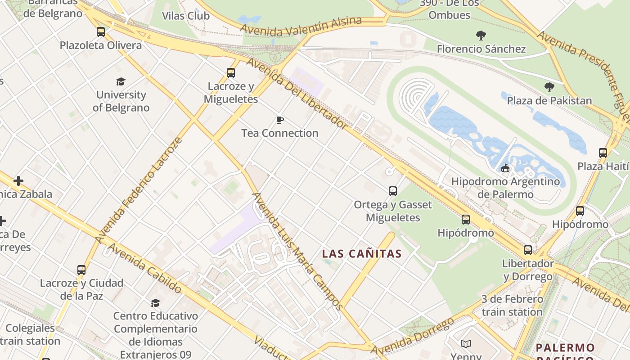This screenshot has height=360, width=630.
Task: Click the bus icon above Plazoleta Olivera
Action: point(101,32)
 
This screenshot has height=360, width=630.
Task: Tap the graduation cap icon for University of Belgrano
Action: point(121,81)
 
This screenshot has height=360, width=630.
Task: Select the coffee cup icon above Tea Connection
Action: point(280,120)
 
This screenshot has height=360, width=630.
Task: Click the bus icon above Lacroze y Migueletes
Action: point(231,72)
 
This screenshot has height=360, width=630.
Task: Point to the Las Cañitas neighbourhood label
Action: point(362,254)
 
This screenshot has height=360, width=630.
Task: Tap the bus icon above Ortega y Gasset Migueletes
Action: point(393,191)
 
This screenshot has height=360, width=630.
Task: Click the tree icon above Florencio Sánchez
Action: point(481,36)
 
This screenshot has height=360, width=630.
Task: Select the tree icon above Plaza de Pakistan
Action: point(549,87)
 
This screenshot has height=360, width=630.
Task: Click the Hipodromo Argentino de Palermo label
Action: point(505,188)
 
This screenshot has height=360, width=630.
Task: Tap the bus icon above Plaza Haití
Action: point(603,153)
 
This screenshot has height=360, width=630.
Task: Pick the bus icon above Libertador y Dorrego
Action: point(528,250)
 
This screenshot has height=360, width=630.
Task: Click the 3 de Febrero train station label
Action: point(512,306)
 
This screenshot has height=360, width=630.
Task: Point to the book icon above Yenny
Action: point(466,344)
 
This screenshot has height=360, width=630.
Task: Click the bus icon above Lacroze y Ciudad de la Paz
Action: point(81,270)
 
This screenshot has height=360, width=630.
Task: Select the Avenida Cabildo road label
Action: point(144,268)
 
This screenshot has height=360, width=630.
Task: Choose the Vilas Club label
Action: point(186,16)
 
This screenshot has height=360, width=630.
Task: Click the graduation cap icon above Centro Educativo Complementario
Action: point(155,303)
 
